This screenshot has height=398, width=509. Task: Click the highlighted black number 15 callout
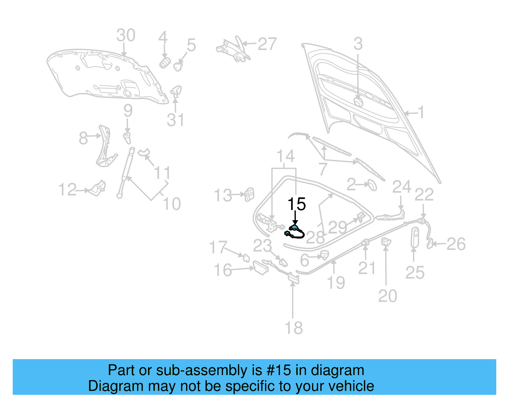coord(296,204)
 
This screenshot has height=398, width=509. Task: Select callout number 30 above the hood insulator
coord(126,35)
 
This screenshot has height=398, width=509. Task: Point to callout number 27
coord(267,44)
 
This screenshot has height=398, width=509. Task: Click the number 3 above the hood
coord(358,44)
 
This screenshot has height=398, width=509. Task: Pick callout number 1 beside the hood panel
coord(421,112)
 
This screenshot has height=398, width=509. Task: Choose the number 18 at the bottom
coord(293,328)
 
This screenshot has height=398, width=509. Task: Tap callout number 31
coord(175,120)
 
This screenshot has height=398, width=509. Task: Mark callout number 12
coord(67,190)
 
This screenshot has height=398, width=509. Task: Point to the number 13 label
coord(223,195)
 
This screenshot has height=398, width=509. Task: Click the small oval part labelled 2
coord(372,185)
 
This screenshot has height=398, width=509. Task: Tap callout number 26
coord(456,244)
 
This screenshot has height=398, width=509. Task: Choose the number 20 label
coord(387,296)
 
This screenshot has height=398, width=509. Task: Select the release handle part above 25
coord(415,237)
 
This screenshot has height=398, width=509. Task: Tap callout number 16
coord(223,270)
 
